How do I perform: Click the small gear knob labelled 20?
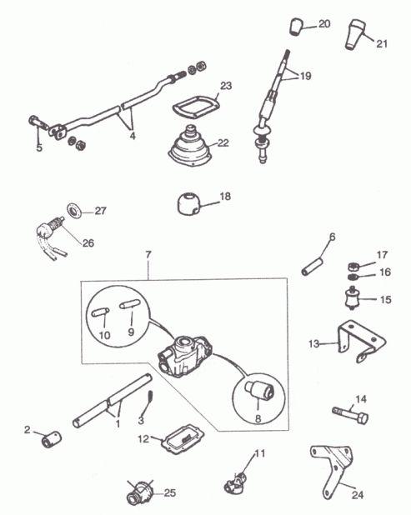(296, 27)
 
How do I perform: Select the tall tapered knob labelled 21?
(355, 35)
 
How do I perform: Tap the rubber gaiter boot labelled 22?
(189, 147)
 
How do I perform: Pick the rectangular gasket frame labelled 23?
(195, 107)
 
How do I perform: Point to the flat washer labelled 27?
(74, 210)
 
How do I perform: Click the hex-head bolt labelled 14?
(350, 415)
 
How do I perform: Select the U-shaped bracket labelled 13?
(361, 342)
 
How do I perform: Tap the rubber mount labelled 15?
(352, 298)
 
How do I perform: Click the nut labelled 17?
(352, 266)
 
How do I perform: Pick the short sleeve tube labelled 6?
(313, 267)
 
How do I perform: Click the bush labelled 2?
(52, 439)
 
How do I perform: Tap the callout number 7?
(148, 254)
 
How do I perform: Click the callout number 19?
(305, 76)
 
